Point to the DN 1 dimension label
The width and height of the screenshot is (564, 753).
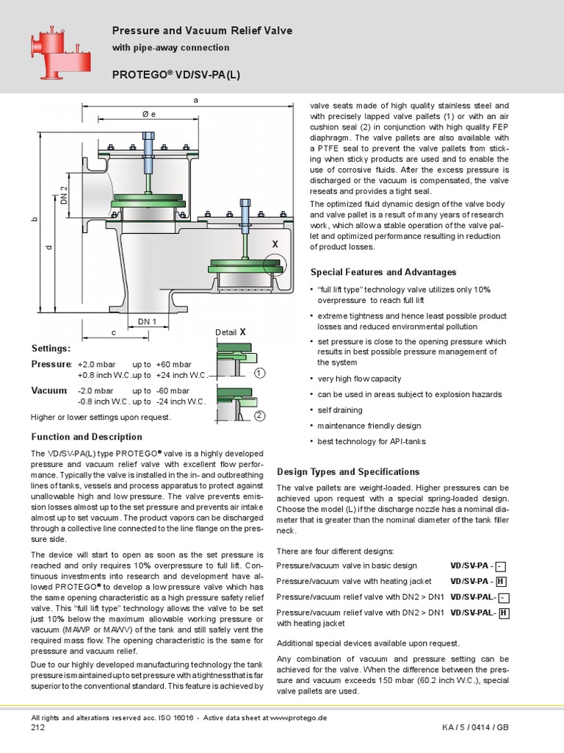(x=148, y=321)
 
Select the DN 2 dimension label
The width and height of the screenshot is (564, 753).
(x=64, y=196)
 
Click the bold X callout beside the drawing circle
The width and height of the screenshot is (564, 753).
(x=275, y=243)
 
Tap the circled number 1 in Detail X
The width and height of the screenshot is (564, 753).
(x=259, y=374)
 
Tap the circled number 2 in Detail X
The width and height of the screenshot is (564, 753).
(x=259, y=416)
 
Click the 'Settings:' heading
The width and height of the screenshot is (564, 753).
(x=51, y=348)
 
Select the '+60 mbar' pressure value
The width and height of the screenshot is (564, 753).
(x=173, y=364)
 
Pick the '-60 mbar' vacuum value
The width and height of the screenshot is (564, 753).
(x=173, y=390)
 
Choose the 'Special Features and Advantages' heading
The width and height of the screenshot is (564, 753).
(x=383, y=272)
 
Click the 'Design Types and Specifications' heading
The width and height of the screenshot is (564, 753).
(x=348, y=471)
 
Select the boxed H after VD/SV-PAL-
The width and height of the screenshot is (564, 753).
(x=504, y=613)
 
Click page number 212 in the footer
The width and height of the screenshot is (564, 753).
(x=38, y=728)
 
